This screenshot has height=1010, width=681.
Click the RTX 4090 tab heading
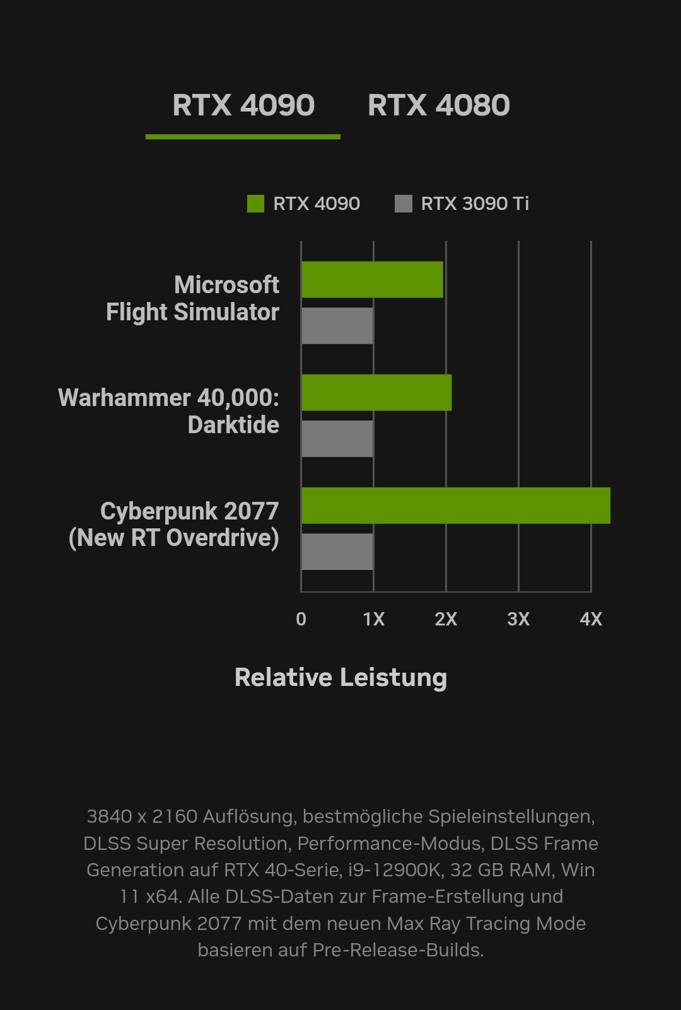pos(243,105)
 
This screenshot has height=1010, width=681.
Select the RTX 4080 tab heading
pos(438,105)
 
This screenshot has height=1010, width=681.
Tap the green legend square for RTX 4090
pos(255,204)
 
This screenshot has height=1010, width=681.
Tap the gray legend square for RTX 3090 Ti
pos(403,204)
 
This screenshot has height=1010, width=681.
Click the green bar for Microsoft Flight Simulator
pos(372,280)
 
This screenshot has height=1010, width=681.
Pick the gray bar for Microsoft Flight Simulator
pos(337,326)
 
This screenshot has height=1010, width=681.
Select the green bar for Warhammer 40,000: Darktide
pos(376,393)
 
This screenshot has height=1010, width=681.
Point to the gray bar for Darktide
pos(337,439)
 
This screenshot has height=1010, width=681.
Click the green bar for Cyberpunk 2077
pos(455,506)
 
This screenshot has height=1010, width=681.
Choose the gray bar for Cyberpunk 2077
pos(337,552)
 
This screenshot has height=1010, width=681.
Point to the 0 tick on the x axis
pos(301,619)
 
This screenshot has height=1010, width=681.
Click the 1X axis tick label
pos(373,619)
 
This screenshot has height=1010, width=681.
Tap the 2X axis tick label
pos(446,619)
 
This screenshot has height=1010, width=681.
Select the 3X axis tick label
pos(518,619)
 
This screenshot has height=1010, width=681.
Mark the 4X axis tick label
pos(591,619)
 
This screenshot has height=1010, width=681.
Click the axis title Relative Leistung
pos(340,678)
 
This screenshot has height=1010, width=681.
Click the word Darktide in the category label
pos(233,425)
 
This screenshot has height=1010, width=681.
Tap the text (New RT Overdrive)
pos(173,538)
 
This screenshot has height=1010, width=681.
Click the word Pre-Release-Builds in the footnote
pos(398,950)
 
